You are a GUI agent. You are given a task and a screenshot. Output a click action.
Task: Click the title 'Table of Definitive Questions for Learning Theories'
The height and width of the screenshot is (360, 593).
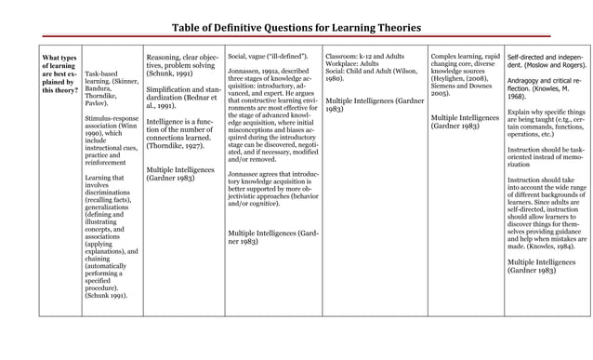coord(296,27)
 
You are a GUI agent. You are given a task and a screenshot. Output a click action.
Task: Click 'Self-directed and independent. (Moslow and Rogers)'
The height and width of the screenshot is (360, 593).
coord(546,61)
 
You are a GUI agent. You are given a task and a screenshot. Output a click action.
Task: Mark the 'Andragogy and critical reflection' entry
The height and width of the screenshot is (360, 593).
coord(546,88)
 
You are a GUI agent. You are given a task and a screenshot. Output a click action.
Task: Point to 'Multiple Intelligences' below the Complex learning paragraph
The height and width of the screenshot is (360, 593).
coord(465,122)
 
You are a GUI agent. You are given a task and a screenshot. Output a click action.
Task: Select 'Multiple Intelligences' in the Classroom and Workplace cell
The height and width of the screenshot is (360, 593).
coord(375,104)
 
